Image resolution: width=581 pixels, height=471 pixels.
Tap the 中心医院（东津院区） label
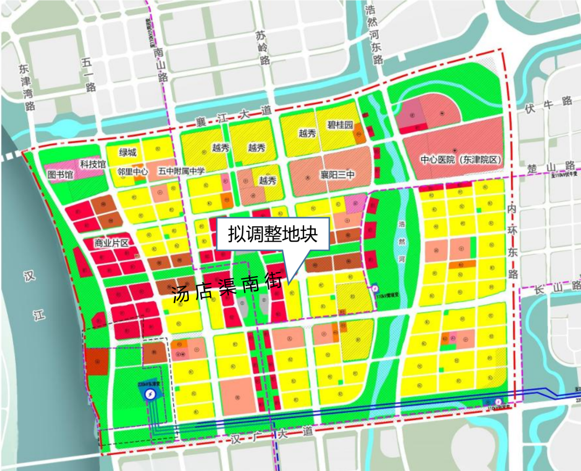point(460,160)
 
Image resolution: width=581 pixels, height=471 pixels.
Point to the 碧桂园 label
point(340,125)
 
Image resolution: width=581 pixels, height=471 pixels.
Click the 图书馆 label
point(60,174)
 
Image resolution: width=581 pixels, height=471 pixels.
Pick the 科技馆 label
point(93,163)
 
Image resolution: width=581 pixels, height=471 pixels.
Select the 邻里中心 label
point(132,172)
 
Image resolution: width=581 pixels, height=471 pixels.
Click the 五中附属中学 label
point(181,172)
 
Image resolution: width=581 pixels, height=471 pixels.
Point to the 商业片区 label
point(111,243)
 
